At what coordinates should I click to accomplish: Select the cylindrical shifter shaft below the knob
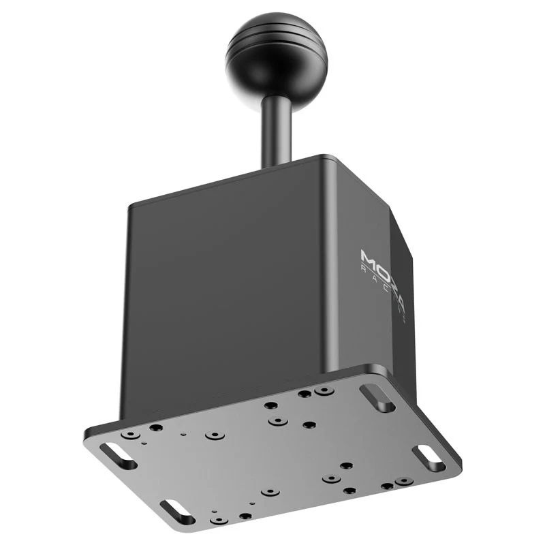click(277, 129)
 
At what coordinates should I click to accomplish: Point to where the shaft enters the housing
click(277, 163)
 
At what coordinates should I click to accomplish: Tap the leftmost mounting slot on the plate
click(118, 456)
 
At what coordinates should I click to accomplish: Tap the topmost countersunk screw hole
click(324, 391)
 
